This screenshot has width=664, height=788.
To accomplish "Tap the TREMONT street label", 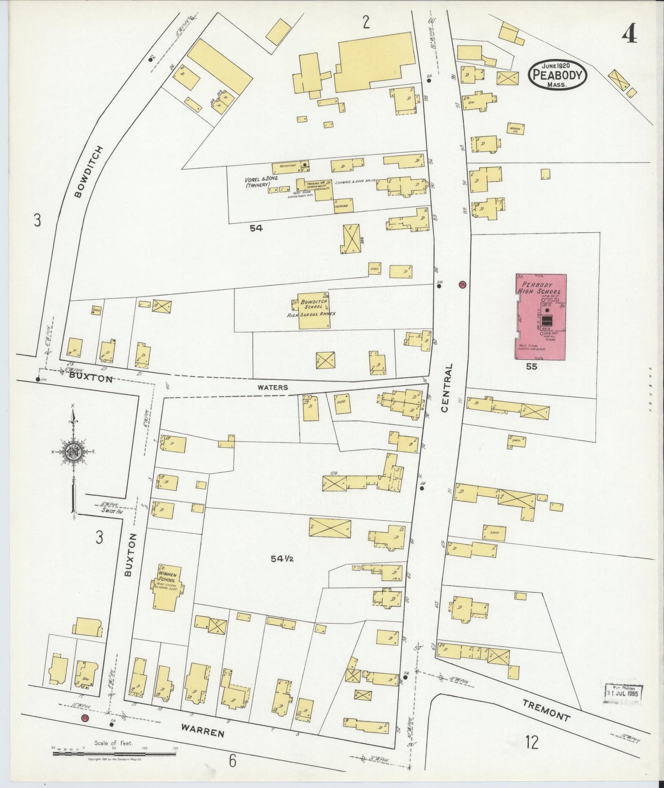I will [546, 709].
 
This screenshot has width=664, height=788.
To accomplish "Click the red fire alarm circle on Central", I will [463, 284].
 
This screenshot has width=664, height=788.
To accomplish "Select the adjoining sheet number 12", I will [532, 742].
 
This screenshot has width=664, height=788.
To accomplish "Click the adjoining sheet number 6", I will [233, 761].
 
